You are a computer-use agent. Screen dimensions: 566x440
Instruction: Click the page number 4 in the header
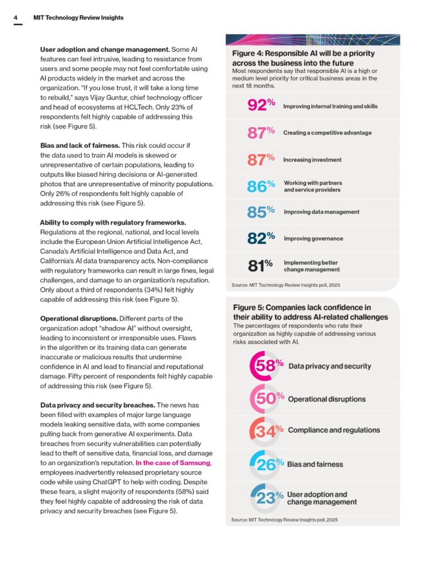(x=15, y=18)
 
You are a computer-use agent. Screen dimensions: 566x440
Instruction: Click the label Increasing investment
(x=312, y=160)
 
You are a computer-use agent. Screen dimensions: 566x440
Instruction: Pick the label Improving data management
(x=321, y=212)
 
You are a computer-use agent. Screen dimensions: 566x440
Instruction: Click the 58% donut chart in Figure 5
(x=265, y=365)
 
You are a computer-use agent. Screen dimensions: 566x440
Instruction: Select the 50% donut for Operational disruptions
(x=265, y=399)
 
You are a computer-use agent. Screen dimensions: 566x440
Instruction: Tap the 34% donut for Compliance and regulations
(x=265, y=431)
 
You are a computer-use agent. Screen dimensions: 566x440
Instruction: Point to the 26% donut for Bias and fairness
(x=265, y=464)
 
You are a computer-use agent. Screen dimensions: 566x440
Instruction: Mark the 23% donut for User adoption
(x=265, y=497)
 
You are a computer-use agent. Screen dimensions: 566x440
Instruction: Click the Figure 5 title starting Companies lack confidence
(x=310, y=312)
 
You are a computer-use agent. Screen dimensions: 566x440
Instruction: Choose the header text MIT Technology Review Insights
(x=78, y=18)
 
